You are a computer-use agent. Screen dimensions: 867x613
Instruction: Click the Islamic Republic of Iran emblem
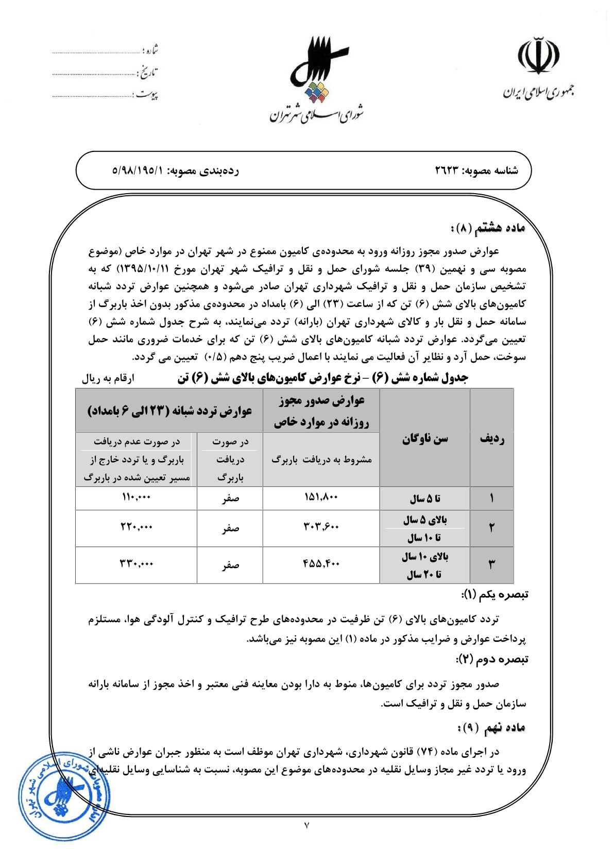(x=538, y=56)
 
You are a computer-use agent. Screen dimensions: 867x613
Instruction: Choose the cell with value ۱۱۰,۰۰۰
(x=136, y=498)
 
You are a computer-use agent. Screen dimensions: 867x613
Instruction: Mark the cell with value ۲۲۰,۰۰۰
(x=136, y=528)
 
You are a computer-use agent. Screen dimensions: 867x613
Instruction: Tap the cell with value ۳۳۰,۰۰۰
(x=136, y=565)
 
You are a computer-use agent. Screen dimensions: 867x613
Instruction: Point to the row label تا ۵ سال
(x=424, y=499)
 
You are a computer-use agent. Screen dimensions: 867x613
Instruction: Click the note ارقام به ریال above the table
(x=108, y=379)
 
